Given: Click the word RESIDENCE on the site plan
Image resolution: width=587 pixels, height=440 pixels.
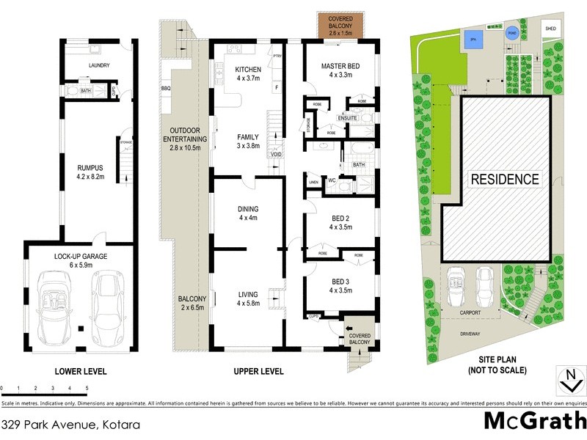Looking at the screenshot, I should pyautogui.click(x=505, y=179).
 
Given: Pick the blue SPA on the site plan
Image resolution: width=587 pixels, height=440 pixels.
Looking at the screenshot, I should pyautogui.click(x=474, y=41).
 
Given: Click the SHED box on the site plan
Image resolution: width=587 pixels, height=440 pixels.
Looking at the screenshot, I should pyautogui.click(x=550, y=29).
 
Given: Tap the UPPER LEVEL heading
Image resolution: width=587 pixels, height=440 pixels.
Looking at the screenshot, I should pyautogui.click(x=258, y=372).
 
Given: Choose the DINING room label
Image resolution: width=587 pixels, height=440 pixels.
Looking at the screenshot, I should pyautogui.click(x=247, y=208).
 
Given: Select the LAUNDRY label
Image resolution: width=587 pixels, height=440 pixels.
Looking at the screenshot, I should pyautogui.click(x=99, y=66).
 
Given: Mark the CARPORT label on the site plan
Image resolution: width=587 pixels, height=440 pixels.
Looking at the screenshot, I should pyautogui.click(x=470, y=312).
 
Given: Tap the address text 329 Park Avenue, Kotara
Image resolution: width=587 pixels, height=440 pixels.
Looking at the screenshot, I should pyautogui.click(x=70, y=424).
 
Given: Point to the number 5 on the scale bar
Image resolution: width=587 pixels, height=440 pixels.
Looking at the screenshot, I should pyautogui.click(x=87, y=386).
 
